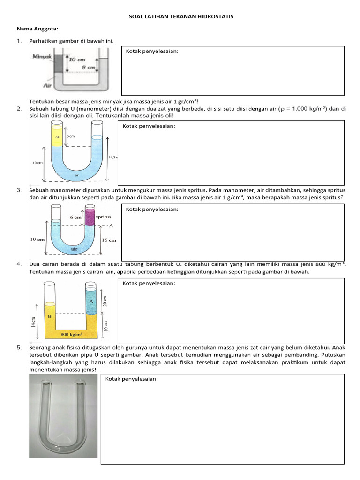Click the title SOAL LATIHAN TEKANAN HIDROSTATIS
181,17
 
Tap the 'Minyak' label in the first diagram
42,57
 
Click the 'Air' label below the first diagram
48,86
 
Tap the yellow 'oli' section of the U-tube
57,137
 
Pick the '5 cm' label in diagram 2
70,136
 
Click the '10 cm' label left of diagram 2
37,163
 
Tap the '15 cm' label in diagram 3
109,240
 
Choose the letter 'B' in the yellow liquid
49,317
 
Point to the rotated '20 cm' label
105,301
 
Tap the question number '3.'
19,190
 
